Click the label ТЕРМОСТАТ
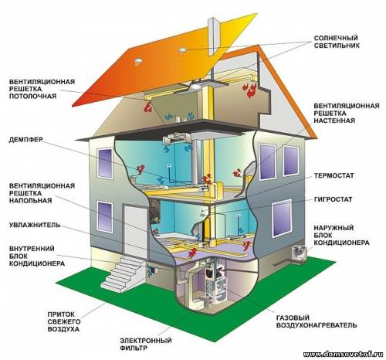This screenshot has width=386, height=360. coord(334,175)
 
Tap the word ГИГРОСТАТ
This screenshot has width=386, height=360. coord(333,199)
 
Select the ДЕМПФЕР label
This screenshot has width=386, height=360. coord(25,140)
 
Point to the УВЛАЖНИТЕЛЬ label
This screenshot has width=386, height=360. coord(35,225)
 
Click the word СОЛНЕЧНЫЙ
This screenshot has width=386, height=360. coord(336,38)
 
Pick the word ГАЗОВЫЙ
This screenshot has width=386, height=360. coord(293,318)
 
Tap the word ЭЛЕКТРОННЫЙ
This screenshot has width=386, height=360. coord(146,341)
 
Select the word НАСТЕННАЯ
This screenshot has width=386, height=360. coord(334,121)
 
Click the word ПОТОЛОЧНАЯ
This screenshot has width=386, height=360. coord(32,96)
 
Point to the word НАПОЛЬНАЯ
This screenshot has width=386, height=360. coord(31,200)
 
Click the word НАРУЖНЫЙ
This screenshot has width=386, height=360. coord(334,228)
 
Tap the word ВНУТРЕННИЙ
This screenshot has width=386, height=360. coord(32,249)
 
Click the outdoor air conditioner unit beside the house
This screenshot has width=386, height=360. coord(299,254)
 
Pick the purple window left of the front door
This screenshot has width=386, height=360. coord(105,217)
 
